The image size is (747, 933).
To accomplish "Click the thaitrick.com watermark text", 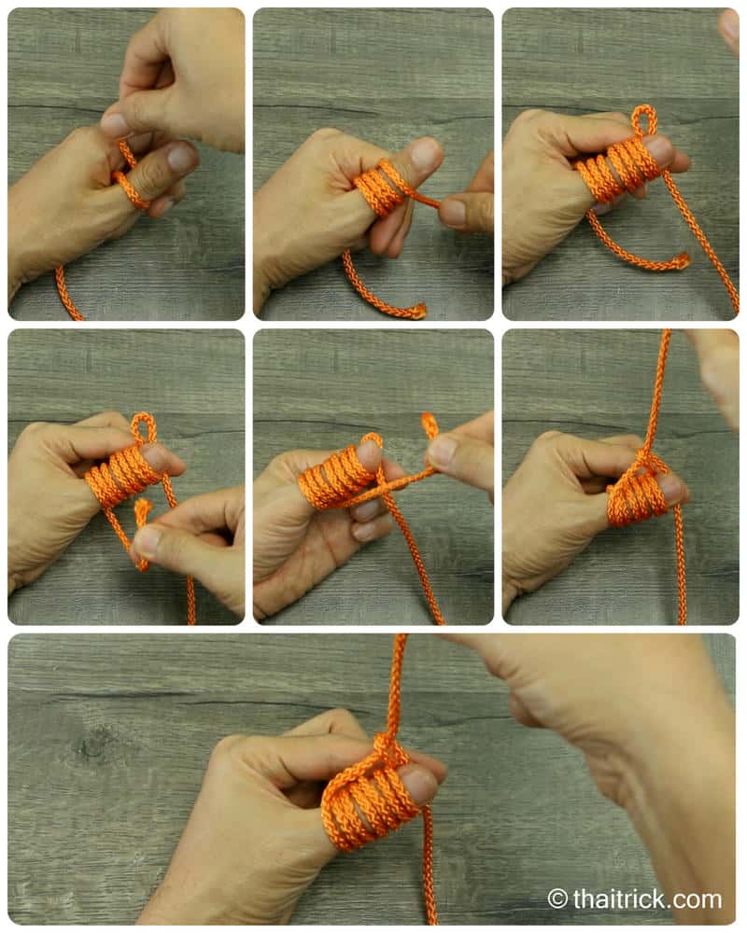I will pos(646,899).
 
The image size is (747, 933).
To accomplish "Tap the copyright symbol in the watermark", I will pos(557,899).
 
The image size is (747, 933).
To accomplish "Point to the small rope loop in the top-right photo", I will pos(643,118).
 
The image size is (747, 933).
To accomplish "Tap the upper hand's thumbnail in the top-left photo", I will pos(116,124).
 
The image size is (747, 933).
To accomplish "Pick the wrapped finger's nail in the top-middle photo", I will pos(426,155).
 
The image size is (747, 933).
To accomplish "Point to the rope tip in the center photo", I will pos(430,425).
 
